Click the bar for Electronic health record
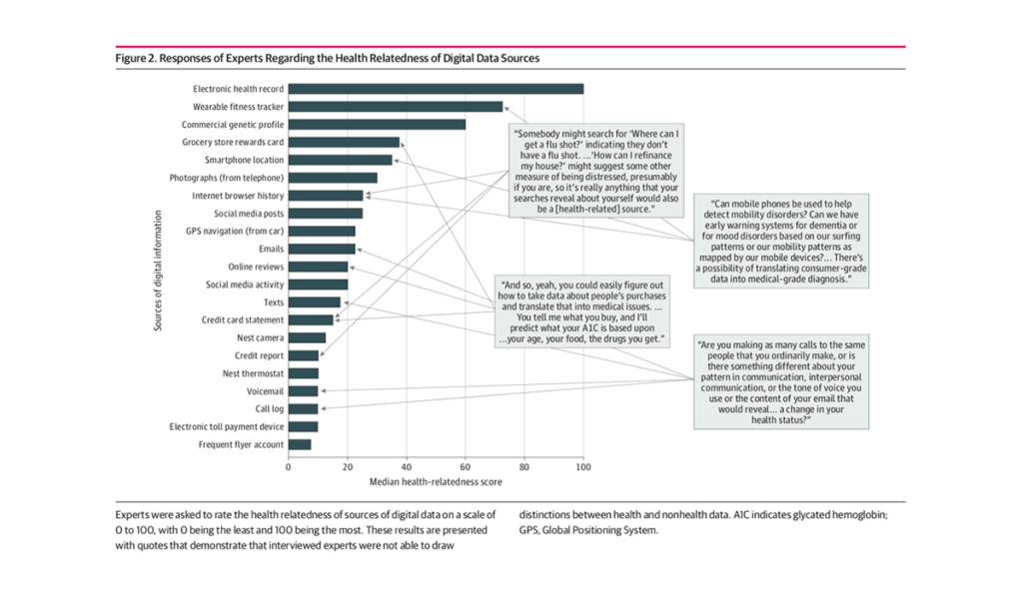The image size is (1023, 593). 436,89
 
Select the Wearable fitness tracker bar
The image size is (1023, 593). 396,107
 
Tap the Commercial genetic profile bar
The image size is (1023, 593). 377,125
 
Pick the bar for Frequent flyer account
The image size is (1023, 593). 300,444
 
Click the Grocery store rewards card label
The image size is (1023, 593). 233,142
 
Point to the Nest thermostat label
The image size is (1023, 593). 253,373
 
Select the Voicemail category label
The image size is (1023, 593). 264,391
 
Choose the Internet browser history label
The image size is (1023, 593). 238,196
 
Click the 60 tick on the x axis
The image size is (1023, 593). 466,466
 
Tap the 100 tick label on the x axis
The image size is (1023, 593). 583,466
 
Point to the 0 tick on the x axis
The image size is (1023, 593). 289,466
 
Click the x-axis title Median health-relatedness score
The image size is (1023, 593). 436,482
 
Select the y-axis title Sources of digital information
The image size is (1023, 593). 159,267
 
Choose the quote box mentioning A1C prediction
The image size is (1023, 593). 583,310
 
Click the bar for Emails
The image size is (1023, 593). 322,249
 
